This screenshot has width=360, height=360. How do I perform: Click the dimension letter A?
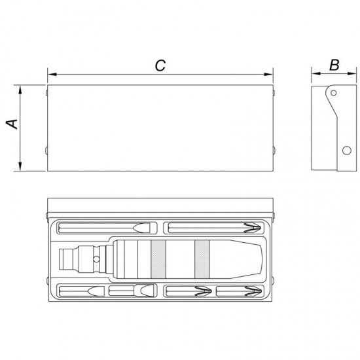(x=12, y=124)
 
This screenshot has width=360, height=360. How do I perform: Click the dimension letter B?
(x=334, y=65)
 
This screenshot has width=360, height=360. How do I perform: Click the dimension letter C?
(x=160, y=65)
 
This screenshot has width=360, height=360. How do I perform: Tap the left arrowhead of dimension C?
(x=52, y=75)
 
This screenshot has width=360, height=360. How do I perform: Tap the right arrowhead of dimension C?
(x=268, y=75)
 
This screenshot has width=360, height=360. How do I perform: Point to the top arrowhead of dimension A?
(x=20, y=90)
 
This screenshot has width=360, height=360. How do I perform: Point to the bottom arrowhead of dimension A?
(x=20, y=166)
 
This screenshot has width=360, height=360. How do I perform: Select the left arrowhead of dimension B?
(x=316, y=74)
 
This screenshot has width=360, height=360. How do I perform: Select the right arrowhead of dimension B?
(x=352, y=74)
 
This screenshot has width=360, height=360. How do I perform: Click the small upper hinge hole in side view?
(x=334, y=93)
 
